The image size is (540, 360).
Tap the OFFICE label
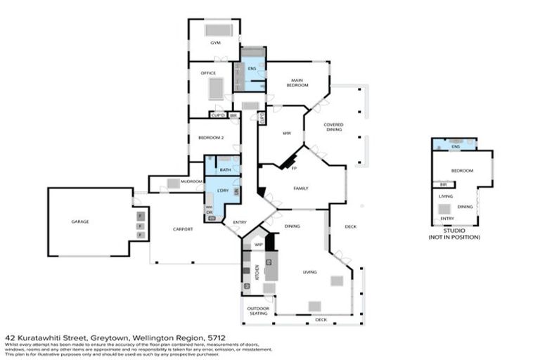[x=208, y=72]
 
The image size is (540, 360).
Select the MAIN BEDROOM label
[x=297, y=82]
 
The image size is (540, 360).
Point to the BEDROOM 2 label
[x=211, y=138]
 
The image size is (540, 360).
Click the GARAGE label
[x=80, y=221]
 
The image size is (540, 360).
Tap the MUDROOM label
[x=191, y=181]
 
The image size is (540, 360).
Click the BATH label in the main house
[x=225, y=169]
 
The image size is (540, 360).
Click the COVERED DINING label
[x=333, y=127]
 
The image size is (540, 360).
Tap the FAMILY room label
[x=300, y=188]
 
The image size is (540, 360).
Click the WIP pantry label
[x=258, y=245]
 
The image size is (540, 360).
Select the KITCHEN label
[x=257, y=271]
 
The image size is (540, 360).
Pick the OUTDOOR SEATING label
[x=257, y=311]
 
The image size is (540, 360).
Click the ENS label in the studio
[x=456, y=146]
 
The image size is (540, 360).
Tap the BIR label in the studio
[x=444, y=184]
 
